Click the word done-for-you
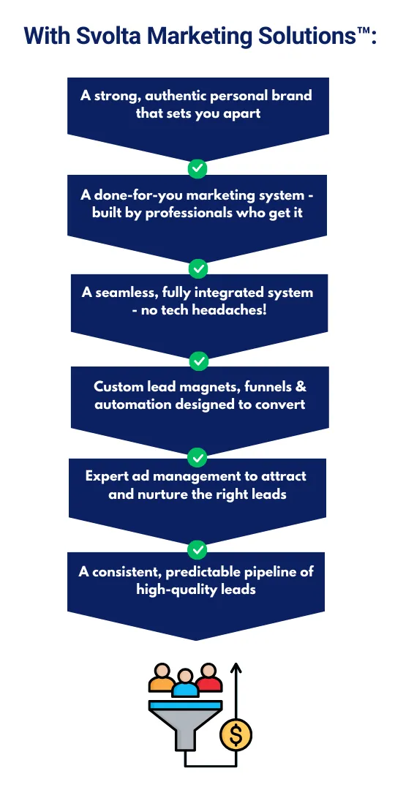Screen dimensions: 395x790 click(134, 195)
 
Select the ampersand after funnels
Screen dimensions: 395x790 click(301, 387)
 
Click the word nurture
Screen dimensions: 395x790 click(155, 494)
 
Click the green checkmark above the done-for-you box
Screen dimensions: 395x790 click(197, 169)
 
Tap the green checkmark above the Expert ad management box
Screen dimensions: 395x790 click(197, 457)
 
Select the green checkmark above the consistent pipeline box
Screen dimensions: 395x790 click(197, 549)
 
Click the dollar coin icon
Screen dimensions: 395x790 click(236, 735)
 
